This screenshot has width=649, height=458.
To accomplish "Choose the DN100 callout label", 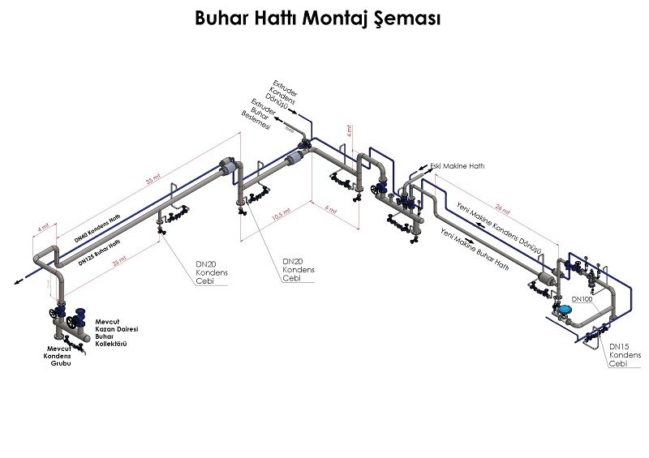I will (x=582, y=299).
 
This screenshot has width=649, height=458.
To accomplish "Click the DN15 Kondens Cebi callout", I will (x=625, y=353).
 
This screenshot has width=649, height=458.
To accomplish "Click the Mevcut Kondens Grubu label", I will (x=58, y=356).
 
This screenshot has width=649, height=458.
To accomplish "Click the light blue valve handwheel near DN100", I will (x=563, y=309).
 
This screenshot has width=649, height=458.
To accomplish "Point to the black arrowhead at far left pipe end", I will (x=17, y=283).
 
